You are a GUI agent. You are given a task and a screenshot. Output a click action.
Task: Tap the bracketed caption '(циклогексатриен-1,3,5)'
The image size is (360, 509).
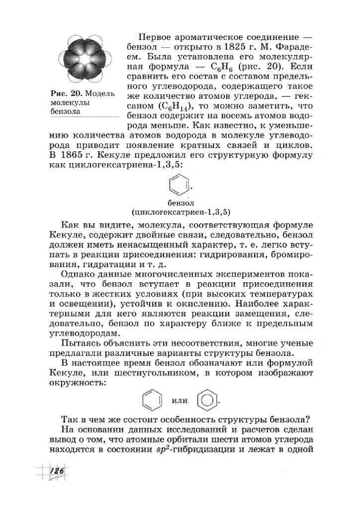[180, 212]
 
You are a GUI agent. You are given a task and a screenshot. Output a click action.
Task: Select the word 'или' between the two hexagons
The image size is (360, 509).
[180, 400]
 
